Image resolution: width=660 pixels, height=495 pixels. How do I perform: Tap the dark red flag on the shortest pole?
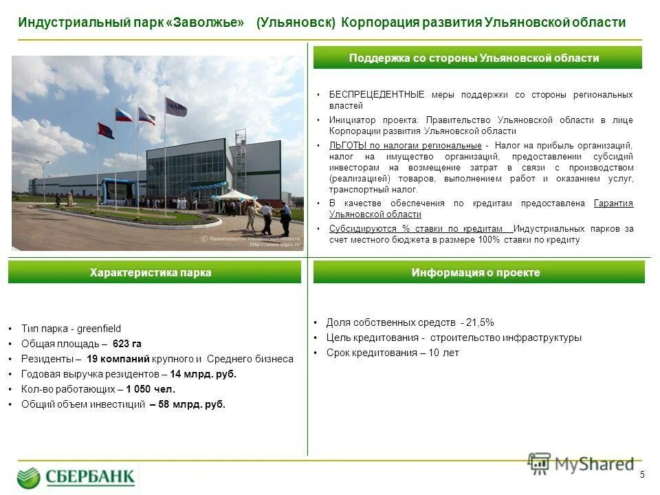click(106, 131)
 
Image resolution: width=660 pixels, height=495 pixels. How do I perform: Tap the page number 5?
click(642, 474)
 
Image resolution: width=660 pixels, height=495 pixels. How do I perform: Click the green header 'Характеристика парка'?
click(154, 273)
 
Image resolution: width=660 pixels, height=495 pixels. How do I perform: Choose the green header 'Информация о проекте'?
click(478, 273)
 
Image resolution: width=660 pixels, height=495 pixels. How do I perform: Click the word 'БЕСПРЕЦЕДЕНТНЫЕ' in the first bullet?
click(376, 94)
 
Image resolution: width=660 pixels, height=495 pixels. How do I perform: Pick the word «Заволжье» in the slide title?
click(205, 23)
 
